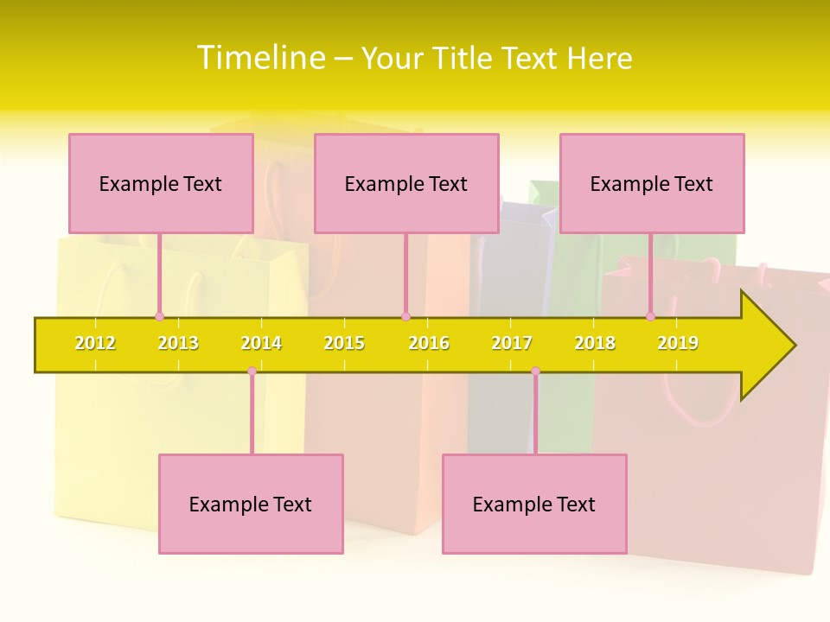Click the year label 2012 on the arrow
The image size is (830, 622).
(95, 343)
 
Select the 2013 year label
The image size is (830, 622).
(178, 343)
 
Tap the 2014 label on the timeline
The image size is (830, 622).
(261, 343)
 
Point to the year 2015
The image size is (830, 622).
(344, 343)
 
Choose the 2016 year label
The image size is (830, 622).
(429, 343)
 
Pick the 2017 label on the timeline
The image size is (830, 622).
(512, 343)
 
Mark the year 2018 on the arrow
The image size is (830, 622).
(595, 343)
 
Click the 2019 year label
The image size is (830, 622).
(678, 343)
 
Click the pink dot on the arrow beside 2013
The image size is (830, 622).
(159, 316)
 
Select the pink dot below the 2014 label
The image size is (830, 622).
(252, 371)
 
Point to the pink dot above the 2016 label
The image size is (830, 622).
(405, 316)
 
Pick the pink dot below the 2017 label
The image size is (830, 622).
(535, 371)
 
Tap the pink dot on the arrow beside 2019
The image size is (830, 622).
(650, 316)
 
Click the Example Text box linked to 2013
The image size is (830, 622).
(161, 183)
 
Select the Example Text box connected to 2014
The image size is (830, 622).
(251, 504)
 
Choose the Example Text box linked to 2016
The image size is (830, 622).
(406, 183)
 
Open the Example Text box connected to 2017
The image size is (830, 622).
(534, 504)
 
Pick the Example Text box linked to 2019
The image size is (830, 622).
(652, 183)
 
